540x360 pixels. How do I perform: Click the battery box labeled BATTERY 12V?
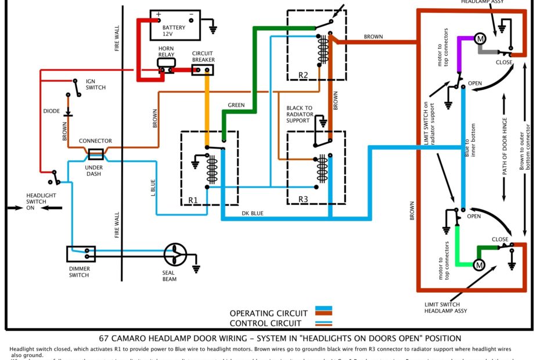pyautogui.click(x=174, y=24)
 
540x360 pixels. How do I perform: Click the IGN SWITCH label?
pyautogui.click(x=95, y=84)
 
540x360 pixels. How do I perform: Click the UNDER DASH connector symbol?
pyautogui.click(x=95, y=154)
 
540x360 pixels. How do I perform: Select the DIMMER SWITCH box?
pyautogui.click(x=80, y=254)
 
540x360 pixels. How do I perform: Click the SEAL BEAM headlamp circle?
pyautogui.click(x=174, y=254)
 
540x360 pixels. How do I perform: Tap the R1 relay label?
pyautogui.click(x=193, y=200)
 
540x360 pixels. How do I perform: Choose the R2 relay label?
pyautogui.click(x=303, y=75)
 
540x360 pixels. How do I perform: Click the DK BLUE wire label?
pyautogui.click(x=253, y=214)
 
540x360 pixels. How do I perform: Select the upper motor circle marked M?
pyautogui.click(x=480, y=39)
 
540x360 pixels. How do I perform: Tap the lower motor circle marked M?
pyautogui.click(x=479, y=265)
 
